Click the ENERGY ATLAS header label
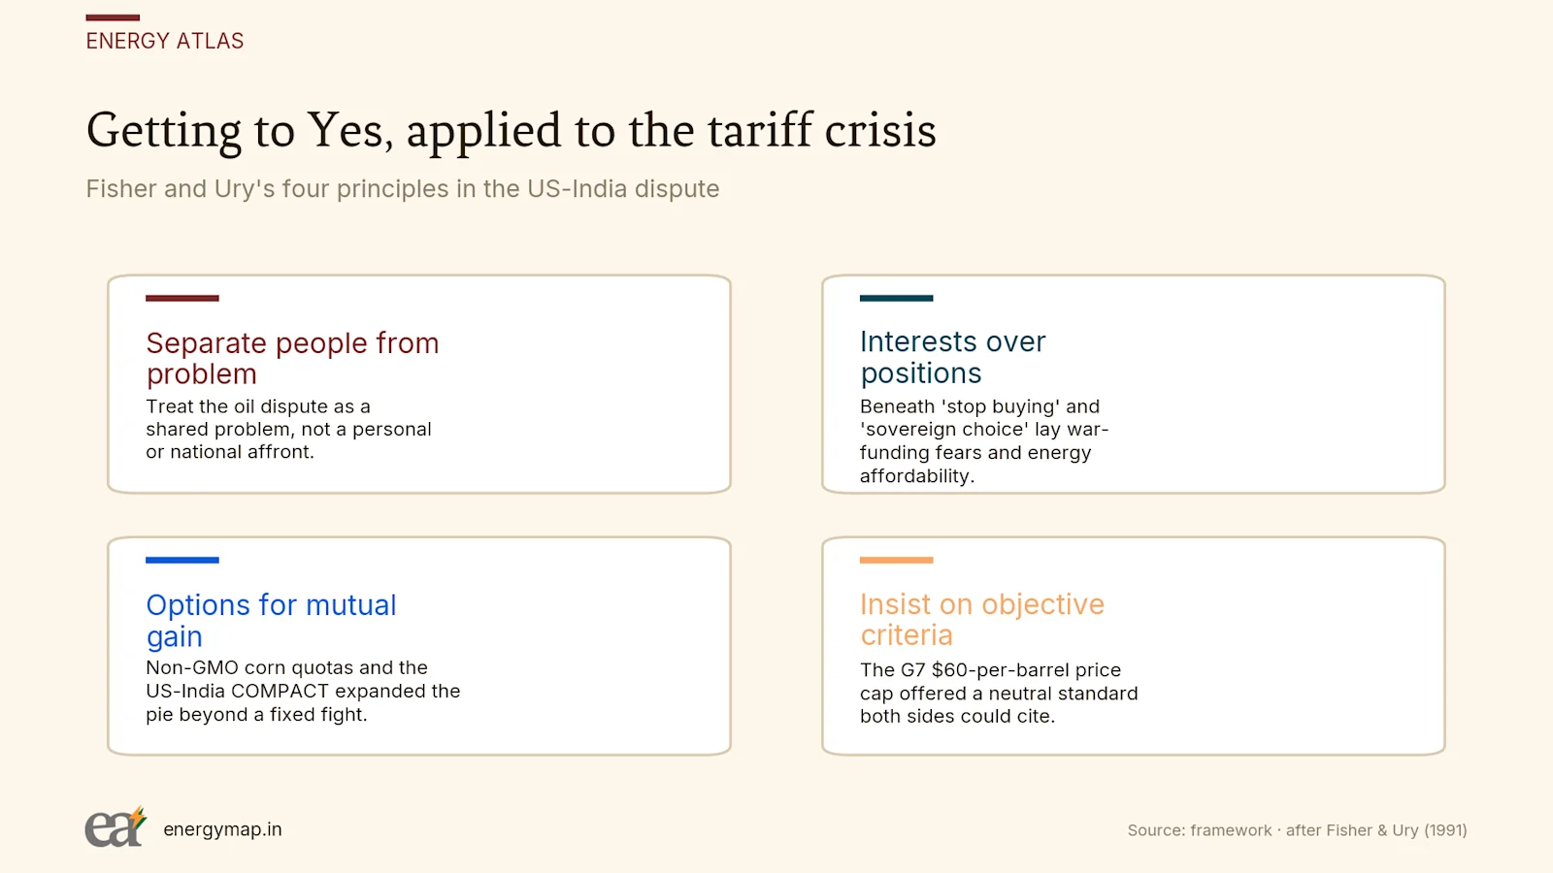(x=165, y=41)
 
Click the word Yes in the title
(x=345, y=130)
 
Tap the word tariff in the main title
(x=759, y=130)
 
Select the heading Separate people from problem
(x=292, y=358)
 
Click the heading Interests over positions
(x=952, y=357)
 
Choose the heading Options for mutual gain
(x=271, y=620)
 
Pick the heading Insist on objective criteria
(x=981, y=620)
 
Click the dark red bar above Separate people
(x=182, y=298)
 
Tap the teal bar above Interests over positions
(x=897, y=298)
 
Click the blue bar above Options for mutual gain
(x=182, y=560)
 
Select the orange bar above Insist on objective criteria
(x=897, y=560)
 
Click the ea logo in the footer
(x=116, y=826)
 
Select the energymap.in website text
(x=222, y=829)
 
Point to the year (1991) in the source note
(x=1445, y=830)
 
